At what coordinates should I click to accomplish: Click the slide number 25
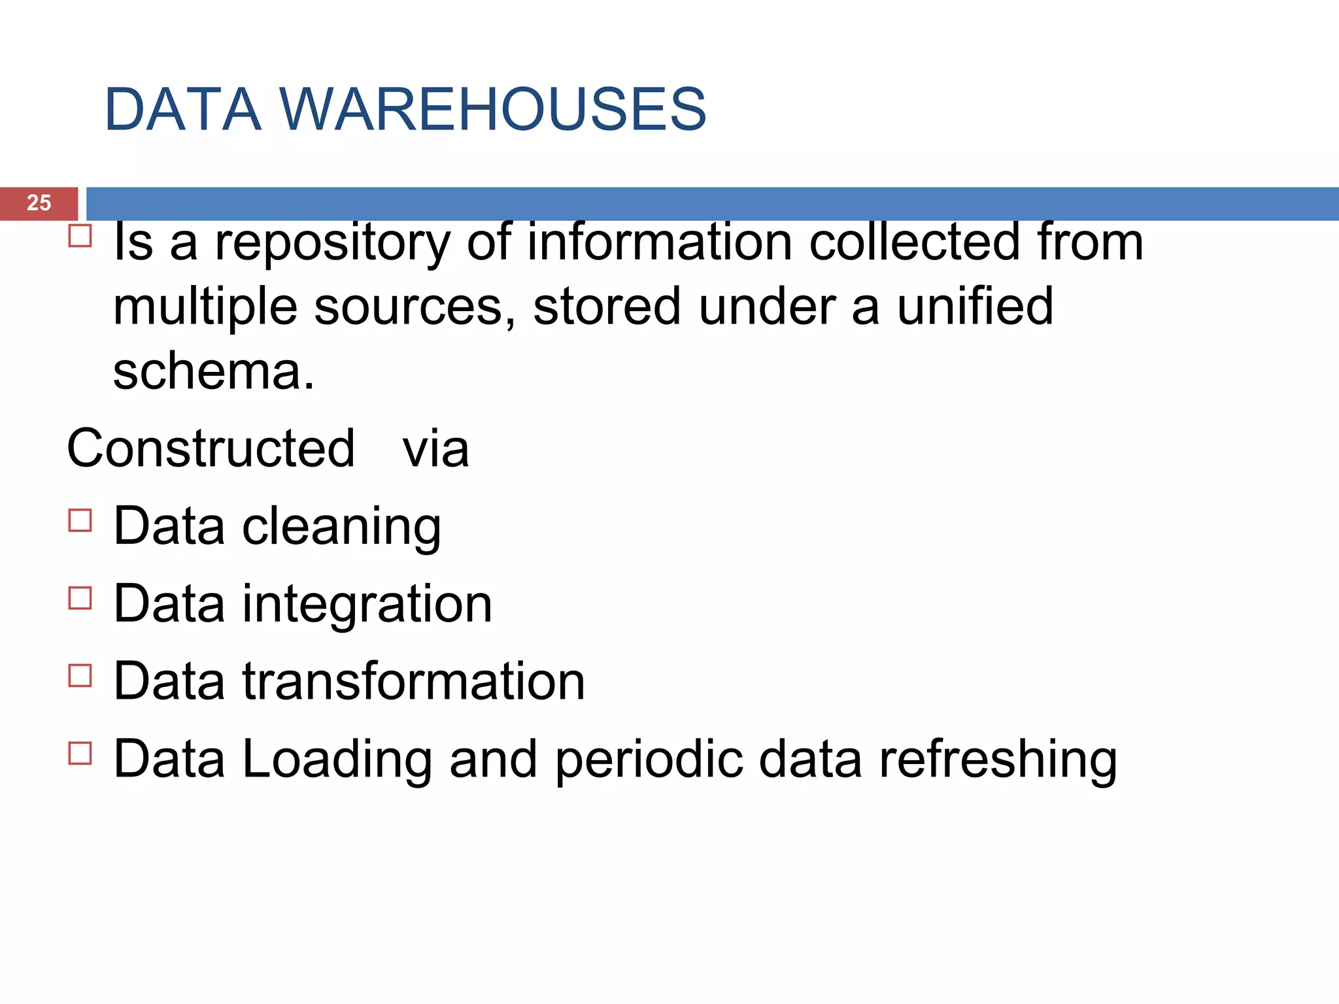point(39,203)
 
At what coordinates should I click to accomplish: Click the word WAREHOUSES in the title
point(494,109)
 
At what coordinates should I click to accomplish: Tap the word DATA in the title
point(182,109)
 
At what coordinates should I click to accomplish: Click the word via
point(435,450)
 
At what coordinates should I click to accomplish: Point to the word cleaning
point(341,527)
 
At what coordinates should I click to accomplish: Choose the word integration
point(367,605)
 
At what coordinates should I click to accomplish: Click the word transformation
point(413,681)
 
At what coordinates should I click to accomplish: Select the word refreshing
point(997,760)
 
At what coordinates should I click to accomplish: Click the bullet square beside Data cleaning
point(80,520)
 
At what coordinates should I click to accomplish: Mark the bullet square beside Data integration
point(80,597)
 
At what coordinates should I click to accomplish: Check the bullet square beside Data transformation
point(80,675)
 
